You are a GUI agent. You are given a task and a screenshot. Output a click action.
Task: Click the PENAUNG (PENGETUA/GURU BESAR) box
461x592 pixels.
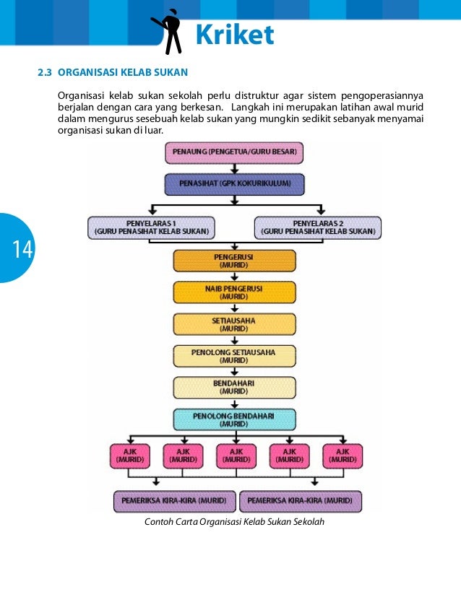tap(234, 153)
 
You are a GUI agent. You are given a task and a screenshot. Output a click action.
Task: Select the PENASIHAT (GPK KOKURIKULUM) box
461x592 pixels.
tap(234, 184)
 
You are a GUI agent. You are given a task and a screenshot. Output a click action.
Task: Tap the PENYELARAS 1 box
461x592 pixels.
tap(151, 227)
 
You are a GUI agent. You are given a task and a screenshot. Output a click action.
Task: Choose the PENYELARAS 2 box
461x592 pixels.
tap(318, 227)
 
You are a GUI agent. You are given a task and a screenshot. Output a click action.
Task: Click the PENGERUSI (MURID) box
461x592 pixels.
tap(234, 261)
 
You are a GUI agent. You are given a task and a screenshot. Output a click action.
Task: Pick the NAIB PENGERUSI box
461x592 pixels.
tap(234, 292)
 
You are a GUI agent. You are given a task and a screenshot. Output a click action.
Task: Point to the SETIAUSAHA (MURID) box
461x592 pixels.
tap(234, 324)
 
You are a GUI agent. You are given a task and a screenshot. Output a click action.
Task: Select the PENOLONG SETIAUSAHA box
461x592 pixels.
tap(234, 356)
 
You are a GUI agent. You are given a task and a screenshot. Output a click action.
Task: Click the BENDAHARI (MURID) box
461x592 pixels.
tap(234, 388)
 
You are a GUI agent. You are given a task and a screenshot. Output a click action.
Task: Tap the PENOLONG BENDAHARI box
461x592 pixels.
tap(234, 419)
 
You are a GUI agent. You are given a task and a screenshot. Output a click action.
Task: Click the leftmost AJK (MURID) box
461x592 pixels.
tap(130, 456)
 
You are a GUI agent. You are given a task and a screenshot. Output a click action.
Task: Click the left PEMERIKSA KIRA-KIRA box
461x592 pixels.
tap(175, 500)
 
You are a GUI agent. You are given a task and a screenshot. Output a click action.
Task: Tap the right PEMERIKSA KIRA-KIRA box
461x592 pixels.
tap(300, 500)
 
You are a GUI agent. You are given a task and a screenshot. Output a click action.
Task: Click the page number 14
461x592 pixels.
tap(21, 250)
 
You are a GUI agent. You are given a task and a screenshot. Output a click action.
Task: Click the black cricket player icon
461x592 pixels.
tap(169, 30)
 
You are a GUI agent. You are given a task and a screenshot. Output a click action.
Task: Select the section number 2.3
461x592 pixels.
tap(45, 73)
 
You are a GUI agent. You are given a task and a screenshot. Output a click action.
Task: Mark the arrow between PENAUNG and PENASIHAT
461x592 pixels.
tap(234, 168)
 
